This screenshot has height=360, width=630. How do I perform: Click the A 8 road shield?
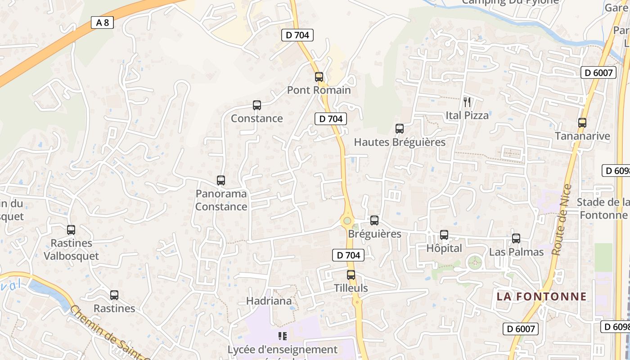pyautogui.click(x=102, y=22)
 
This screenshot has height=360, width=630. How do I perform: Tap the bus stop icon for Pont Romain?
pyautogui.click(x=319, y=77)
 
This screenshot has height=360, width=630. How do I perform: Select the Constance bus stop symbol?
pyautogui.click(x=257, y=105)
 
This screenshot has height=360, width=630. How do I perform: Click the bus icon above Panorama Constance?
pyautogui.click(x=221, y=180)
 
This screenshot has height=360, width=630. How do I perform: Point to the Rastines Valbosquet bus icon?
pyautogui.click(x=71, y=230)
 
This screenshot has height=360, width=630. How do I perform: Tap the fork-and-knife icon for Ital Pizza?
pyautogui.click(x=467, y=102)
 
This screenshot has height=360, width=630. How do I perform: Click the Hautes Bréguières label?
pyautogui.click(x=400, y=143)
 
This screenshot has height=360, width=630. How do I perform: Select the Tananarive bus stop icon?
pyautogui.click(x=582, y=122)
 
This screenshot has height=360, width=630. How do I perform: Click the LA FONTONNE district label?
pyautogui.click(x=542, y=297)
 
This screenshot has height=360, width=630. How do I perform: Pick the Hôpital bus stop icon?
pyautogui.click(x=444, y=235)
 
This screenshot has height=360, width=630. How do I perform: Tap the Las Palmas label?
pyautogui.click(x=516, y=252)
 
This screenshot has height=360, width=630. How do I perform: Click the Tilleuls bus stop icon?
pyautogui.click(x=351, y=275)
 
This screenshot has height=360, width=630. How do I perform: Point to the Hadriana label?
pyautogui.click(x=269, y=301)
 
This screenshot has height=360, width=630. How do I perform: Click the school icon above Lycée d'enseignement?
pyautogui.click(x=283, y=336)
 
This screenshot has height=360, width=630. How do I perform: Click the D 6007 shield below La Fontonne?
pyautogui.click(x=521, y=329)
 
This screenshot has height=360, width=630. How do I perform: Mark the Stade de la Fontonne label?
pyautogui.click(x=603, y=209)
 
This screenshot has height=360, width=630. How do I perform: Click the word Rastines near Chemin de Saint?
pyautogui.click(x=114, y=309)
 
